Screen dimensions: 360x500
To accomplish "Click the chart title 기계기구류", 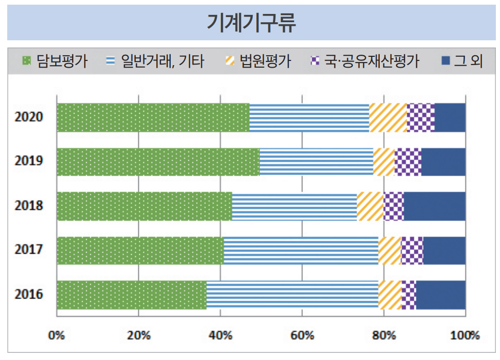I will (251, 23).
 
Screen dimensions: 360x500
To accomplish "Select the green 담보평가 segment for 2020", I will (153, 118).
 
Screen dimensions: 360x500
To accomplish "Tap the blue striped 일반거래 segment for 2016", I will (292, 295).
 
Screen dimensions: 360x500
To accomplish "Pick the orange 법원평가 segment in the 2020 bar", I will (388, 118).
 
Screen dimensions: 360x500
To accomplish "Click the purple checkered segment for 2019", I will (408, 162).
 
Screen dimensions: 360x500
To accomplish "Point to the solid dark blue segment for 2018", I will (434, 207).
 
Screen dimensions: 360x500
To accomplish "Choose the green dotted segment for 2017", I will (140, 251).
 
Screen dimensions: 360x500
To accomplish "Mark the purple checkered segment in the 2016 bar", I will (409, 295).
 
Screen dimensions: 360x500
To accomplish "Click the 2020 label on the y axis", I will (29, 117).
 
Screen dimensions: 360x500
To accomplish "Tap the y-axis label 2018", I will (29, 206).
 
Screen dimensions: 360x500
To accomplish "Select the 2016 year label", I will (29, 295).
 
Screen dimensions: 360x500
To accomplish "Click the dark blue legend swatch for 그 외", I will (446, 61).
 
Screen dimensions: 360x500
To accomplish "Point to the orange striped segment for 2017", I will (390, 251).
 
